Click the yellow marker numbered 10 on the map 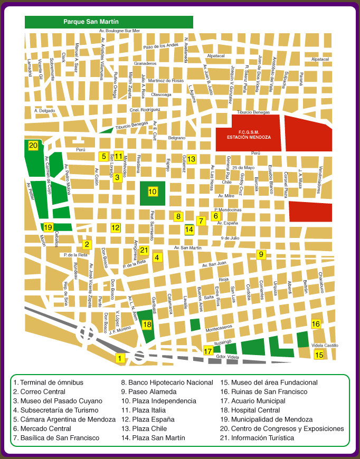click(153, 192)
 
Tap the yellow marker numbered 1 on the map click(120, 358)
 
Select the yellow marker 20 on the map click(33, 146)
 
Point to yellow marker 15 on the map click(319, 355)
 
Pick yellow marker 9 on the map click(260, 254)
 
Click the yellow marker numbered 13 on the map click(191, 159)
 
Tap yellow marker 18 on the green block click(147, 324)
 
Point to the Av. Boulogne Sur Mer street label click(120, 31)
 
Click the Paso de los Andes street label click(161, 46)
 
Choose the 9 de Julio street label click(230, 238)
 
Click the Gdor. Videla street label click(228, 357)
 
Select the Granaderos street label click(145, 63)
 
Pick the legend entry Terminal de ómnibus click(48, 383)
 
